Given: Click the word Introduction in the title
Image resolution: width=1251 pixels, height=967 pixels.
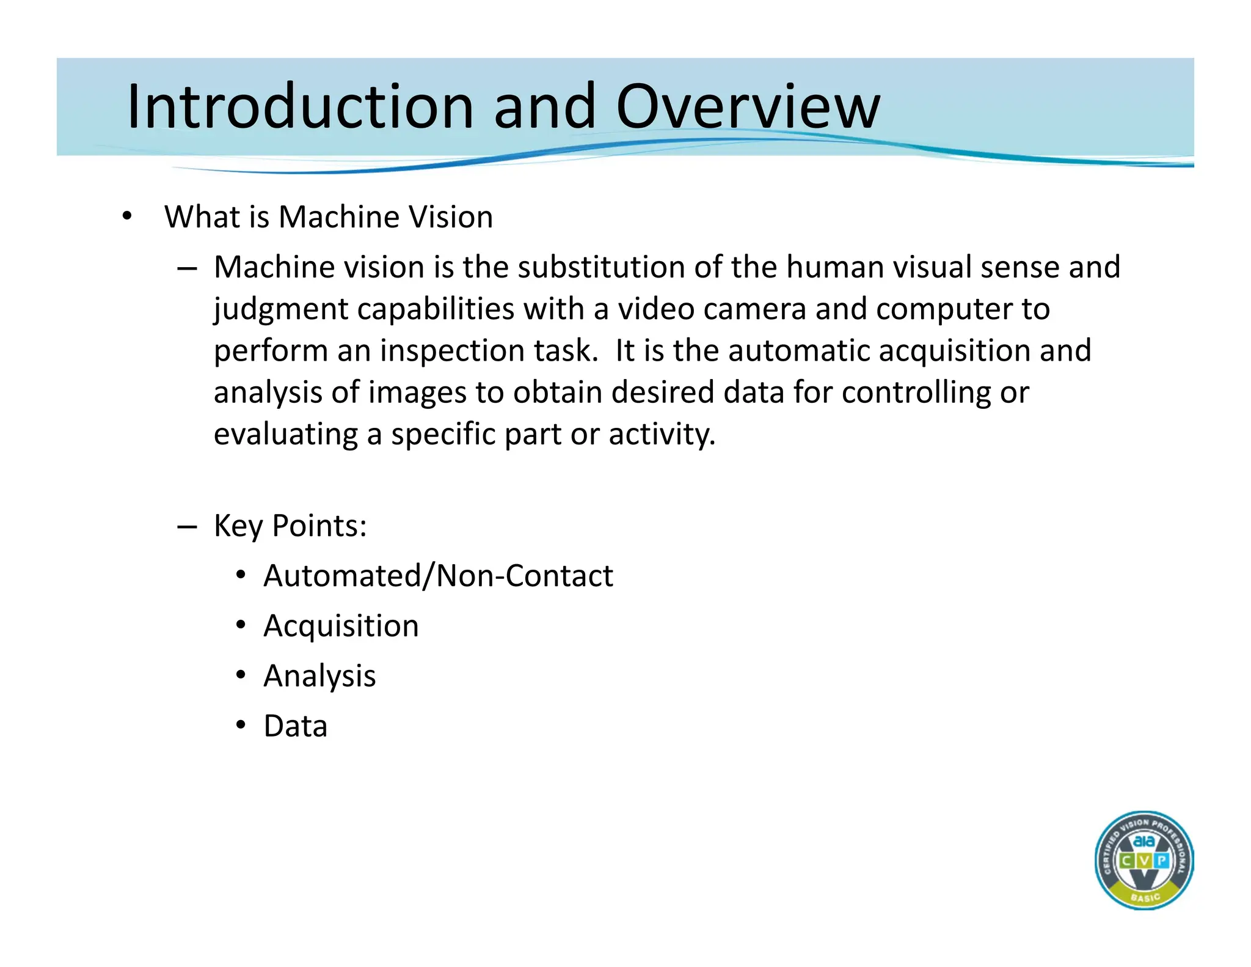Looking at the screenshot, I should click(299, 107).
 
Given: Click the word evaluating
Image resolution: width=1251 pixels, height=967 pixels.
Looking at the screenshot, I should click(285, 435).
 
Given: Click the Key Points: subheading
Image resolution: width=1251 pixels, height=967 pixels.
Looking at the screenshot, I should click(290, 526).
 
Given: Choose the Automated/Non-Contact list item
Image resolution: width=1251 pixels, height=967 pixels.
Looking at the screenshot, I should click(438, 576).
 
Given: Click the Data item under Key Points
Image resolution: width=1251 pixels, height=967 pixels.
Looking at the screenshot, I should click(295, 726).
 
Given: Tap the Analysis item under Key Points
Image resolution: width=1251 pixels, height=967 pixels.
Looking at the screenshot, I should click(319, 676).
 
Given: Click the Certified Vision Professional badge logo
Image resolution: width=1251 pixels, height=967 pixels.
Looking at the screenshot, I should click(1143, 860).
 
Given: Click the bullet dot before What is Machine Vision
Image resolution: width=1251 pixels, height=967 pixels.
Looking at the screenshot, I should click(126, 216).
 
